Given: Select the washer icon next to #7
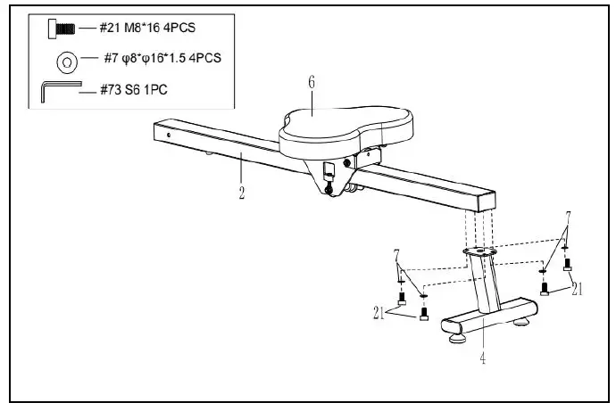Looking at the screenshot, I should [65, 61].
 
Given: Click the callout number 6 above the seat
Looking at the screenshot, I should [312, 83].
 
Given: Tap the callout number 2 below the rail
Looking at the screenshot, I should [241, 190].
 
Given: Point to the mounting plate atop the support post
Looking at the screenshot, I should [479, 253].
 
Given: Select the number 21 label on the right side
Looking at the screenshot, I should [578, 290].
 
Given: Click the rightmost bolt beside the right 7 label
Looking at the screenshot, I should [567, 264].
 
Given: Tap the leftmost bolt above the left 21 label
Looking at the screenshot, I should [402, 298].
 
